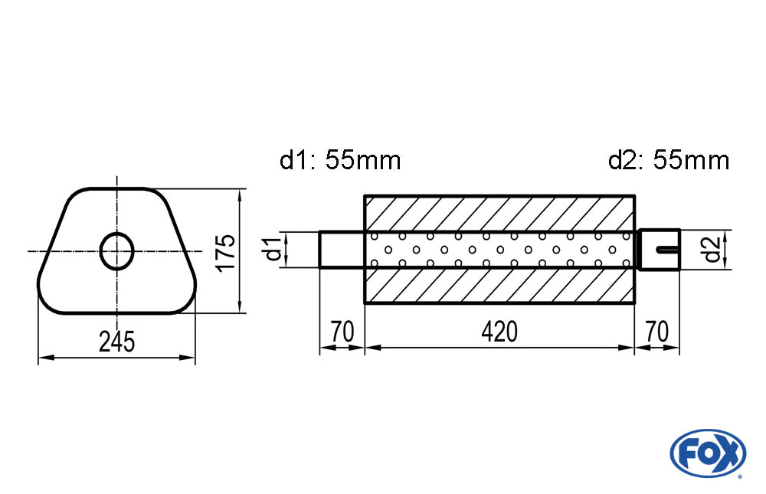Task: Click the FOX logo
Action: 707,452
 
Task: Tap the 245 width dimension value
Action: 116,341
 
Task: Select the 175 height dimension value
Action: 224,251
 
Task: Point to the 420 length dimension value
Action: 499,332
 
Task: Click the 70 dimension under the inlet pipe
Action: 342,332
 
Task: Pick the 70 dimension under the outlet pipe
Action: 656,332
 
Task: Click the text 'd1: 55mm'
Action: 339,161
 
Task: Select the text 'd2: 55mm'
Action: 668,161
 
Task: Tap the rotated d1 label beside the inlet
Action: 270,250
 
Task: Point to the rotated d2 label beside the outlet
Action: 712,250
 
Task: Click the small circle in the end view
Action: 117,250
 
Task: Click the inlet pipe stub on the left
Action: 342,249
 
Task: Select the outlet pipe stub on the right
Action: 659,249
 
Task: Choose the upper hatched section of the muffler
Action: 499,212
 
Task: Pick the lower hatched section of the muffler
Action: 499,285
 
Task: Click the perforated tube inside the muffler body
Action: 499,249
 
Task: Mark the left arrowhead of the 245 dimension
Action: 43,357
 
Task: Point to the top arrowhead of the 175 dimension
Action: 241,194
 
